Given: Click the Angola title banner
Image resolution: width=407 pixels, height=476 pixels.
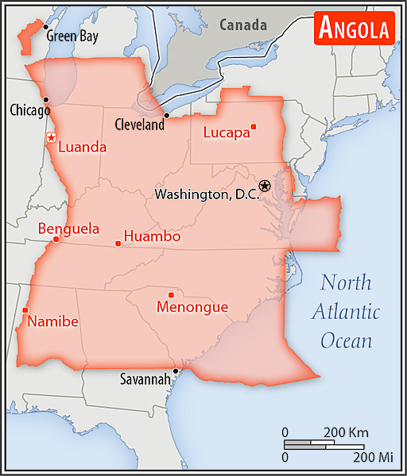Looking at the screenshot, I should [355, 29].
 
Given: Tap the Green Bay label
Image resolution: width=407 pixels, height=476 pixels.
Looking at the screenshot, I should [73, 36].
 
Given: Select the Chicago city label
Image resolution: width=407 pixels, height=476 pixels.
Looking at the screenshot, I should [29, 110].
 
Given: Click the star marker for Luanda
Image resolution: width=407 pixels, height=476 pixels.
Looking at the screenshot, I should [51, 137].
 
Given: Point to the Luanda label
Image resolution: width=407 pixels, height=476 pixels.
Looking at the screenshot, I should [83, 147].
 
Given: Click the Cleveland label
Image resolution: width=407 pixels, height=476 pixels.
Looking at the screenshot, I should [139, 125].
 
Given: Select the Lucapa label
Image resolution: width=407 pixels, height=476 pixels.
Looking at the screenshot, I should [226, 132].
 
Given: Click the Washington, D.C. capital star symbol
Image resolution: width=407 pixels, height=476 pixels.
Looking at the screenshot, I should [265, 186].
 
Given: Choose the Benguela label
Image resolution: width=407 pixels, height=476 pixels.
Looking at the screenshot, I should [68, 229].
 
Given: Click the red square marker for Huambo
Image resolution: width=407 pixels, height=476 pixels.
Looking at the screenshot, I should [118, 243].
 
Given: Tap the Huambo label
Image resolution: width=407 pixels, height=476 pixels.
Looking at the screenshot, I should [152, 236].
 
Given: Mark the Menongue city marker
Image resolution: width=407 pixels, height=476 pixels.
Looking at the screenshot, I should [171, 295].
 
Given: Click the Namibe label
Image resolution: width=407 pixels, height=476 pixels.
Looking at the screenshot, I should [53, 321].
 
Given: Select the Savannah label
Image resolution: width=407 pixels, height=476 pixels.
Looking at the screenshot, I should [145, 379].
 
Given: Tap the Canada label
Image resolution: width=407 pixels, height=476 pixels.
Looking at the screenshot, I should [243, 25].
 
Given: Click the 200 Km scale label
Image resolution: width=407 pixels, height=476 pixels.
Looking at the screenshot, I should [346, 432].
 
